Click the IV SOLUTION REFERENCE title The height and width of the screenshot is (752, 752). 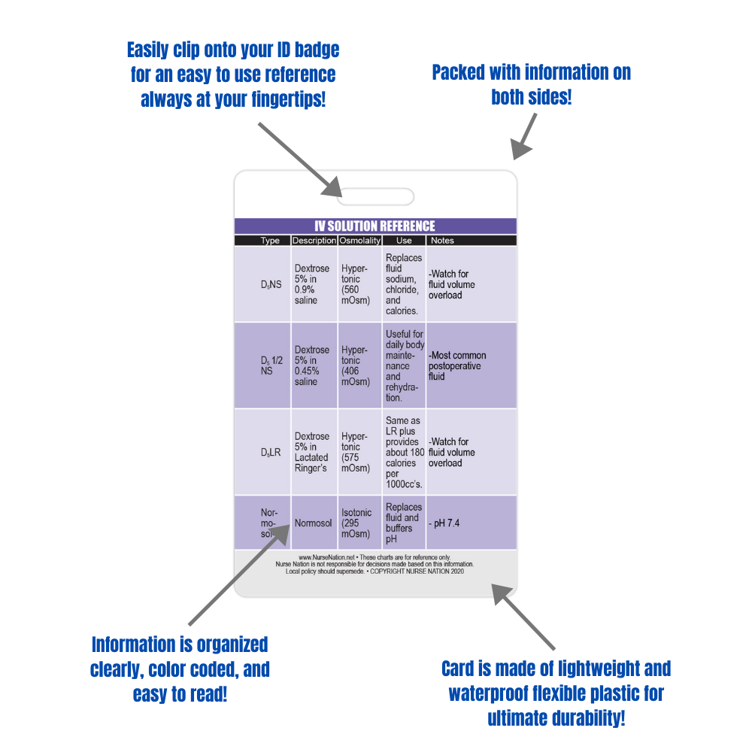coord(374,226)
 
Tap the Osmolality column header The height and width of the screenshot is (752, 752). coord(359,241)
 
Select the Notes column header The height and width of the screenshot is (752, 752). coord(441,241)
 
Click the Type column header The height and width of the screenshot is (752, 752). coord(270,241)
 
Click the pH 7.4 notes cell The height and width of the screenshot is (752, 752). coord(445,523)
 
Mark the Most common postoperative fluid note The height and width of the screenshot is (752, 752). coord(457,365)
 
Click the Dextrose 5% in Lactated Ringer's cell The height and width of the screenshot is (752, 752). coord(313,453)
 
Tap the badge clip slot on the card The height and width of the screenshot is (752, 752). coord(375,197)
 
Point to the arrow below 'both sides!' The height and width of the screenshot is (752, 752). coord(525,136)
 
